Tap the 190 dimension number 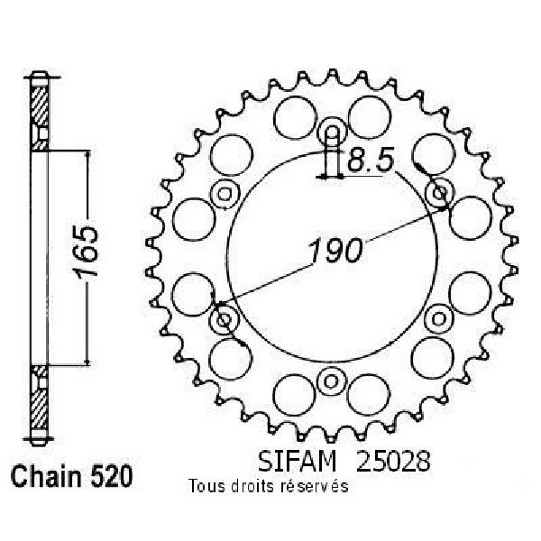click(x=335, y=250)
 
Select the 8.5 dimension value click(x=371, y=160)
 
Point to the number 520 click(x=110, y=477)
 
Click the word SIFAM click(x=297, y=462)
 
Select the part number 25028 click(x=393, y=462)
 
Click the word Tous click(x=206, y=487)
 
